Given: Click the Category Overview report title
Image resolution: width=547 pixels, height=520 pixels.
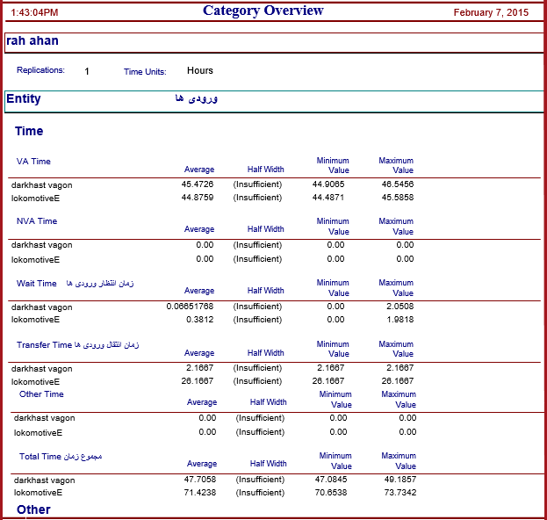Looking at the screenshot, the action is coord(263,11).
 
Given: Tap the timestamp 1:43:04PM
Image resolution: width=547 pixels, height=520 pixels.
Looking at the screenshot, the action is coord(34,12).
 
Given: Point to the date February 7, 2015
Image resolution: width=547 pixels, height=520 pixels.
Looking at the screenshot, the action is coord(491,12).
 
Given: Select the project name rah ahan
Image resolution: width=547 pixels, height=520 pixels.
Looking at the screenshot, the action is coord(32,40).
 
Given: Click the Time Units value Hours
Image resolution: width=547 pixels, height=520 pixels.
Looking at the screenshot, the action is coord(200,70).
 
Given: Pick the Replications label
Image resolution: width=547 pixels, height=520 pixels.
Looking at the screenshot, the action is coord(40,70).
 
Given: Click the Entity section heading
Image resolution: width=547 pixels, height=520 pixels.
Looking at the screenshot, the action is coord(24,98).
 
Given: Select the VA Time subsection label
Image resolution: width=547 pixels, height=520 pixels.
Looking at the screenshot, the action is coord(33,162).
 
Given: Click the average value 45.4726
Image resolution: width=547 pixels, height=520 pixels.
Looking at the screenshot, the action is coord(198,184).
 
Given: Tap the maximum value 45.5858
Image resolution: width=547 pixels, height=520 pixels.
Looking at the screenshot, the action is coord(398,197).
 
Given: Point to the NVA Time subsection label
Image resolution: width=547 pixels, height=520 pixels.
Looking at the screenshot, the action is coord(37,221).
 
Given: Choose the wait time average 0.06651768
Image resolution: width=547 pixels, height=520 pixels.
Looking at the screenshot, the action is coord(190,307).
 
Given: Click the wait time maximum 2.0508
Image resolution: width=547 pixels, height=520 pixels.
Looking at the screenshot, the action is coord(400,307).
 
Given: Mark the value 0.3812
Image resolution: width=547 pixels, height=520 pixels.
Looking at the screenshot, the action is coord(200,320).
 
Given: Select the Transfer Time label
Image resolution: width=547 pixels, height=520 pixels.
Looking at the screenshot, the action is coord(44,345).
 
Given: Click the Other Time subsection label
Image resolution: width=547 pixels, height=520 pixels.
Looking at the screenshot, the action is coord(41,394).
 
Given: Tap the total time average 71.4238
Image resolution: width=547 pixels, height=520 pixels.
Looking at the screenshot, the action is coord(200,493).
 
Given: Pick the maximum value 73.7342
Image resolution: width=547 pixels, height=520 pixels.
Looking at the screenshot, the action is coord(400,493).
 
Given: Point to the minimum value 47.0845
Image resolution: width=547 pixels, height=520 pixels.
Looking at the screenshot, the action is coord(331,480).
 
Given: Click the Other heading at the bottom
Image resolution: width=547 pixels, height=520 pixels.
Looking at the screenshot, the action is coord(33,509).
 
